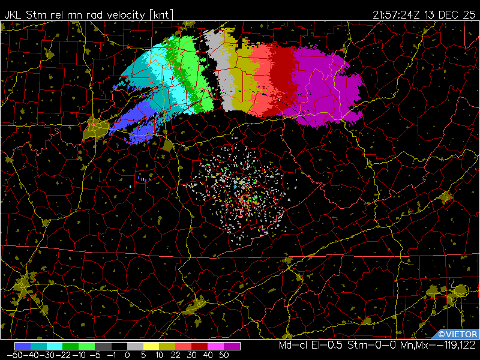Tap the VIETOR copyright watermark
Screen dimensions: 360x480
point(457,334)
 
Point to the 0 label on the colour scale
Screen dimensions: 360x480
point(127,355)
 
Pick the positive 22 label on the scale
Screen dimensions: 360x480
point(174,355)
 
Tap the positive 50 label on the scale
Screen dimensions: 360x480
point(224,355)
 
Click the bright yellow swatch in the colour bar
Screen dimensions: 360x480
point(151,346)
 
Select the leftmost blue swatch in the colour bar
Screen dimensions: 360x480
point(23,346)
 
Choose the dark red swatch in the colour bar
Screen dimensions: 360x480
point(200,346)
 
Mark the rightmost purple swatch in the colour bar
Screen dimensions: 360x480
point(232,346)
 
